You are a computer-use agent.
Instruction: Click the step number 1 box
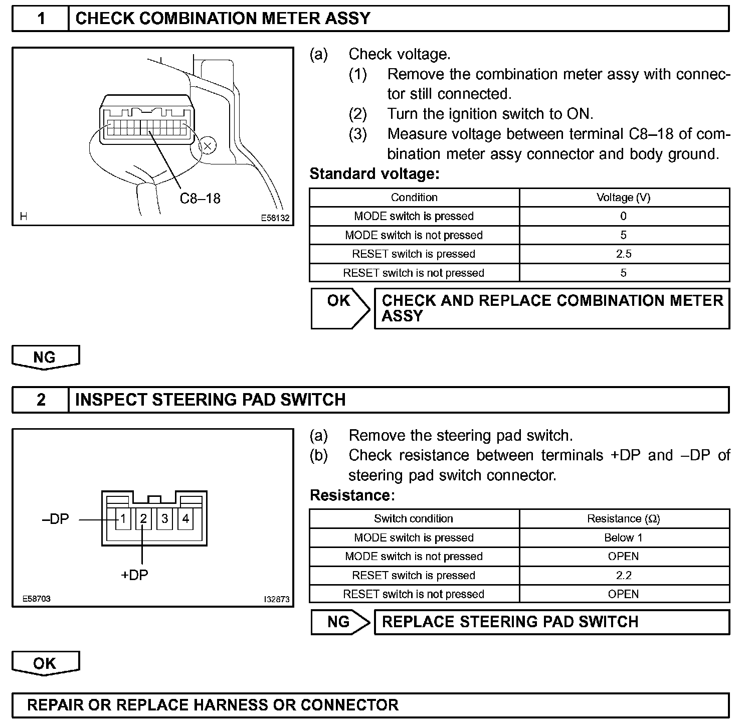point(41,19)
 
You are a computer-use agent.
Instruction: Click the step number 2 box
point(41,400)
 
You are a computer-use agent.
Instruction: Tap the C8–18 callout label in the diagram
point(200,199)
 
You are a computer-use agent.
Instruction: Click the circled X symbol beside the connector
point(208,146)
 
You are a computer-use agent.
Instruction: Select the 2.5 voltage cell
point(624,254)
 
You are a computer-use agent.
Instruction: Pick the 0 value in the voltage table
point(624,216)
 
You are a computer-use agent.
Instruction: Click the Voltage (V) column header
point(624,198)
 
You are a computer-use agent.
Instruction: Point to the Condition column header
point(414,198)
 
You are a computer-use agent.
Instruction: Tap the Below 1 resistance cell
point(624,537)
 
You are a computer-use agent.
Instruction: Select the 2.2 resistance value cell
point(624,575)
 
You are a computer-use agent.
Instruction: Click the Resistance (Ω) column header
point(624,518)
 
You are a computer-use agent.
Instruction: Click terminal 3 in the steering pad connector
point(164,518)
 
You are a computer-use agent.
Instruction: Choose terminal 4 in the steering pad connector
point(185,518)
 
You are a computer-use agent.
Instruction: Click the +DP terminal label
point(135,575)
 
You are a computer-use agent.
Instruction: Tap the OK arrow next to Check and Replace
point(339,307)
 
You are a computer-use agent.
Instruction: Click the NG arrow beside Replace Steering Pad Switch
point(339,622)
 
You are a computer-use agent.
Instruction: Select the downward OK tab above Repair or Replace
point(45,663)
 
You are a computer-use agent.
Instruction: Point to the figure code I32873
point(277,599)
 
